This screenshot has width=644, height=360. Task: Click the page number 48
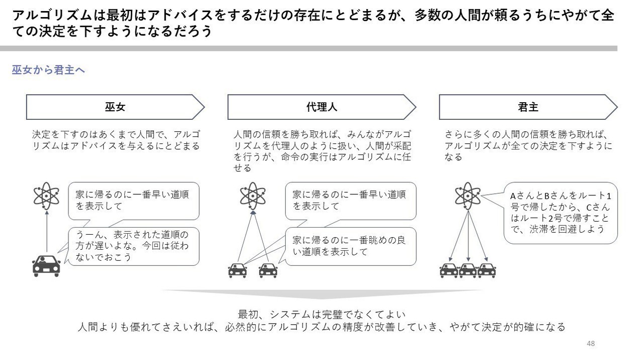point(591,343)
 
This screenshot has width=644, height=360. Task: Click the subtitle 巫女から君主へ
point(48,70)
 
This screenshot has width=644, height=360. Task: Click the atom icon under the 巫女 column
point(46,196)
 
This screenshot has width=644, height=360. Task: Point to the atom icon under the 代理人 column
point(253,196)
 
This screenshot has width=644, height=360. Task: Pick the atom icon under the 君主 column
point(468,196)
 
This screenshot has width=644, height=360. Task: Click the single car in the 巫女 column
point(46,266)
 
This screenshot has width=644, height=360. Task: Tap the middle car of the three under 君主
point(468,270)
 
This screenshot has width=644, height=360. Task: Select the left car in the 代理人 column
point(237,270)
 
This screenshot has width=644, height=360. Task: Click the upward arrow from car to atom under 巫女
point(47,232)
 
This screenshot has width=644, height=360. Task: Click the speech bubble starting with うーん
point(133,246)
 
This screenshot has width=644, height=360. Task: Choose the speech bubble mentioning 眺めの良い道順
point(351,246)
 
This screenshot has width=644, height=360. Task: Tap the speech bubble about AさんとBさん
point(560,213)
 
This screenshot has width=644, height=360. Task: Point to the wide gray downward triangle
point(321,294)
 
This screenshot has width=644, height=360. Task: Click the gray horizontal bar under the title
point(308,48)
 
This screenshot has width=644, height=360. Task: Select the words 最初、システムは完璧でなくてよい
point(321,314)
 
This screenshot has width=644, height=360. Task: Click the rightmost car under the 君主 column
point(487,270)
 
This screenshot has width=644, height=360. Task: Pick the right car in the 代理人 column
point(268,270)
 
